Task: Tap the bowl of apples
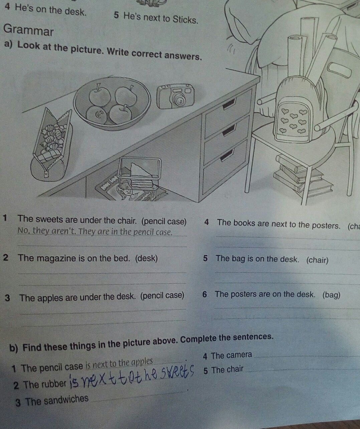coord(112,104)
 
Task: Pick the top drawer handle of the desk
coord(229,104)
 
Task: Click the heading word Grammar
coord(28,30)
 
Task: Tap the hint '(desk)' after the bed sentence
coord(146,258)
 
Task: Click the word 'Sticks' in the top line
coord(184,20)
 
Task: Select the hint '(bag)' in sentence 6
coord(331,295)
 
